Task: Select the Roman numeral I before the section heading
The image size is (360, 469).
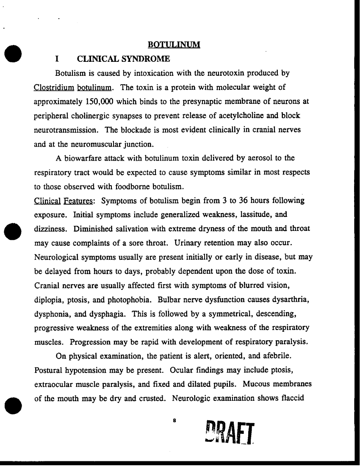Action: tap(56, 58)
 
